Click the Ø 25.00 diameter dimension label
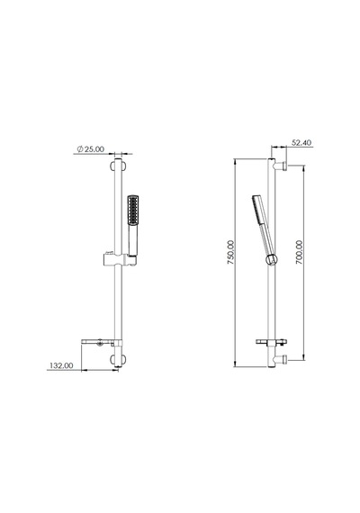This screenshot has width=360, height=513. [x=91, y=149]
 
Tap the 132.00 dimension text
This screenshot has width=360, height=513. [x=61, y=365]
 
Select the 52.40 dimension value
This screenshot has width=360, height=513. [x=301, y=142]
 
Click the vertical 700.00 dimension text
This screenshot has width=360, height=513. [x=299, y=252]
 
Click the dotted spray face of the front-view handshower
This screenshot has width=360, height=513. [x=132, y=211]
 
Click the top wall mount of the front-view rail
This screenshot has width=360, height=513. [x=118, y=166]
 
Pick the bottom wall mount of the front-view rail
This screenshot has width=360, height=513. [x=118, y=360]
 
